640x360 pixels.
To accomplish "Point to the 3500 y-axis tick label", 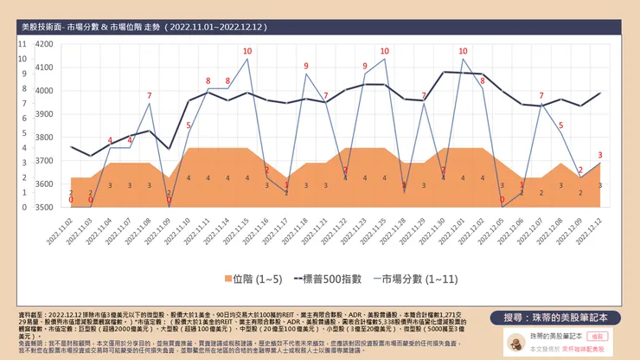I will tap(42, 208).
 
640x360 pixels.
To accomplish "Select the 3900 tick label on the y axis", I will tap(42, 113).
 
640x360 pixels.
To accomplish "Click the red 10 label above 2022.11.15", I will tap(247, 51).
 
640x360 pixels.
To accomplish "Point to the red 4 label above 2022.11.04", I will tap(110, 140).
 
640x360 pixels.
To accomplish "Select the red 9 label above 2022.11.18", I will tap(306, 65).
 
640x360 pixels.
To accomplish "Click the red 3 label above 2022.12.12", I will tap(600, 155).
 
